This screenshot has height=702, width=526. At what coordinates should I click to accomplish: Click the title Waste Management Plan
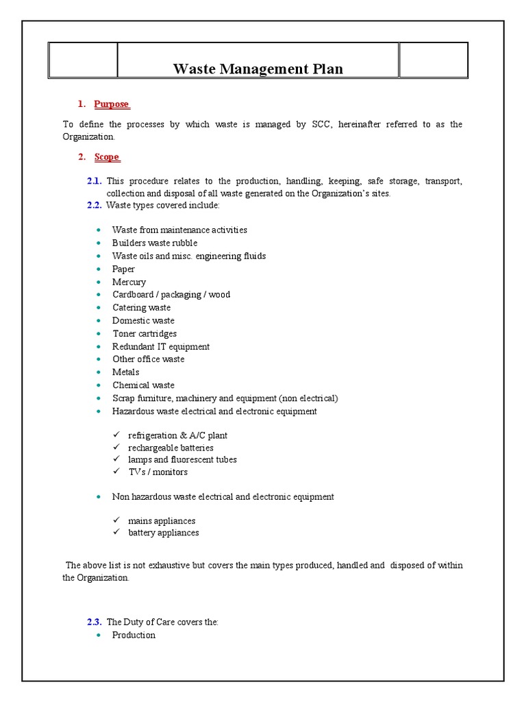tap(258, 69)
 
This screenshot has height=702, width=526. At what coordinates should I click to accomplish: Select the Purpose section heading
tap(112, 104)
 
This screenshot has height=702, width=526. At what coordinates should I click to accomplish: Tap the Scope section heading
tap(108, 157)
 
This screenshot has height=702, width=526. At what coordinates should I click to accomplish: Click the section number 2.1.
tap(95, 181)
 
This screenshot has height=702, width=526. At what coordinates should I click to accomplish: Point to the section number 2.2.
tap(95, 206)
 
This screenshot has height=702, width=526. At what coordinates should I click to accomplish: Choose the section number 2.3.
tap(95, 622)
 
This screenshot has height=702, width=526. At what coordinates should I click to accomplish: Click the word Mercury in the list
tap(129, 282)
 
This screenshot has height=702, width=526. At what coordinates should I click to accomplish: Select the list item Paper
tap(123, 269)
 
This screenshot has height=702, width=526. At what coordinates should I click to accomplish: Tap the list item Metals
tap(125, 372)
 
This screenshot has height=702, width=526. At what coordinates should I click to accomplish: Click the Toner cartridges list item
tap(145, 334)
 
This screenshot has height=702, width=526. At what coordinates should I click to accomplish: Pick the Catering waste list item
tap(141, 308)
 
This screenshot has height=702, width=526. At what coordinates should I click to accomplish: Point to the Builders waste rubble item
tap(155, 243)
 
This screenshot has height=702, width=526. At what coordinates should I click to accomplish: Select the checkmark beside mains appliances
tap(116, 521)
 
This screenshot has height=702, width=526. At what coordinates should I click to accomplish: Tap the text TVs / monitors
tap(158, 472)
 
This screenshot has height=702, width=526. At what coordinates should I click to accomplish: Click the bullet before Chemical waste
tap(100, 385)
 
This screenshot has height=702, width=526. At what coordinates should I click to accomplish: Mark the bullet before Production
tap(100, 636)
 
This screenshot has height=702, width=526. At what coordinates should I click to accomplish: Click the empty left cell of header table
tap(83, 60)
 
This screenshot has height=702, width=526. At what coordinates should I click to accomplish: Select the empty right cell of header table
tap(434, 60)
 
